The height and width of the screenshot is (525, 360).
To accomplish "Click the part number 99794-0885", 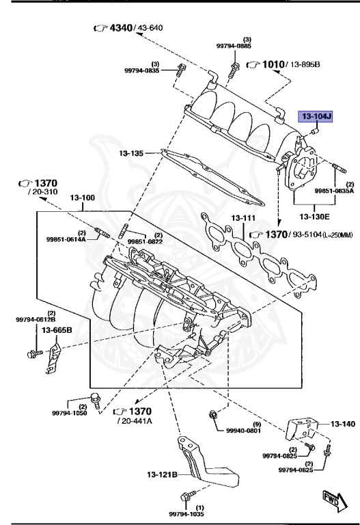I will click(x=234, y=46).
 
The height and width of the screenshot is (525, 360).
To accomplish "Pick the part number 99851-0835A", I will click(x=335, y=192).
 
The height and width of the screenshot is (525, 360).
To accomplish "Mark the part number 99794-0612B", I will click(x=36, y=319).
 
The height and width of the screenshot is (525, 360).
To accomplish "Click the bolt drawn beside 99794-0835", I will click(x=180, y=69).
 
